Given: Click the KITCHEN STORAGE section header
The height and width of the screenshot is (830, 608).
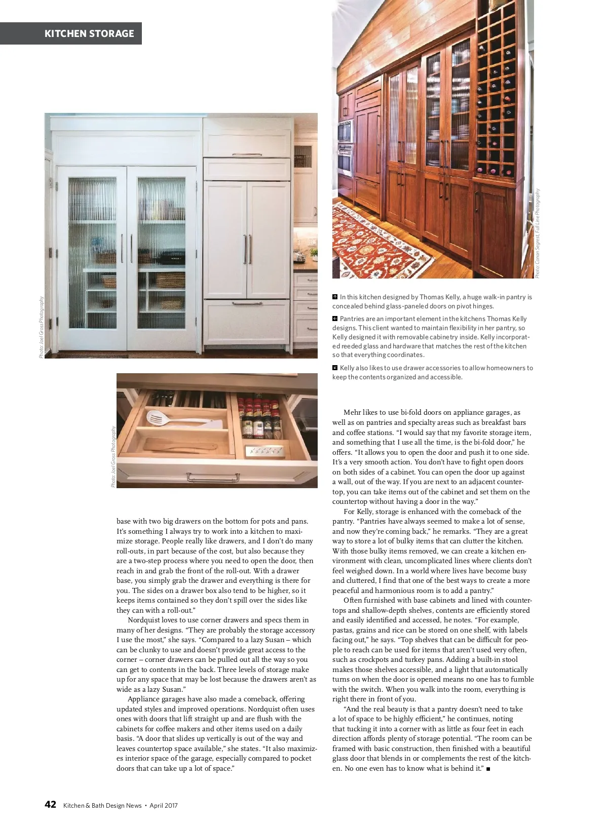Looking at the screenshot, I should coord(89,34).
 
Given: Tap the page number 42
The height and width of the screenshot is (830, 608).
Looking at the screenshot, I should coord(50,805).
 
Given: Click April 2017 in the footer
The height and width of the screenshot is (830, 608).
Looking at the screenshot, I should coord(164,806).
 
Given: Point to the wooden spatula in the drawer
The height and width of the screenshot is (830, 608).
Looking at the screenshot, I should coord(179,446).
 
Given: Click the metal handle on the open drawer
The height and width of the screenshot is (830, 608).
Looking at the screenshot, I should coord(213,477).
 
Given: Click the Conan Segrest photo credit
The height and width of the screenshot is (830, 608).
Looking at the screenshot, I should coord(538,233).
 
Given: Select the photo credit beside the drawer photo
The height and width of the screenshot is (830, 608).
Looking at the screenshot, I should coord(113,456).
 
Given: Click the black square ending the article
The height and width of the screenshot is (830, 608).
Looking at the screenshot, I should coord(488,769).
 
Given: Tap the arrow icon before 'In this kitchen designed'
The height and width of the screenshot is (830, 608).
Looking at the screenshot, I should coord(335,297).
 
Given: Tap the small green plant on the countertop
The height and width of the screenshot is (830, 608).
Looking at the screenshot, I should coord(314,252).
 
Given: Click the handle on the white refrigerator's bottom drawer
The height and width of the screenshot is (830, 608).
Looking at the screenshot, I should coord(247,304).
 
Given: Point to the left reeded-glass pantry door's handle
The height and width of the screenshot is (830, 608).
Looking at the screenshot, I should coord(122,248).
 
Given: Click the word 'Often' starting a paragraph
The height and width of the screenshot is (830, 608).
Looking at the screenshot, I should coord(353,601).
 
